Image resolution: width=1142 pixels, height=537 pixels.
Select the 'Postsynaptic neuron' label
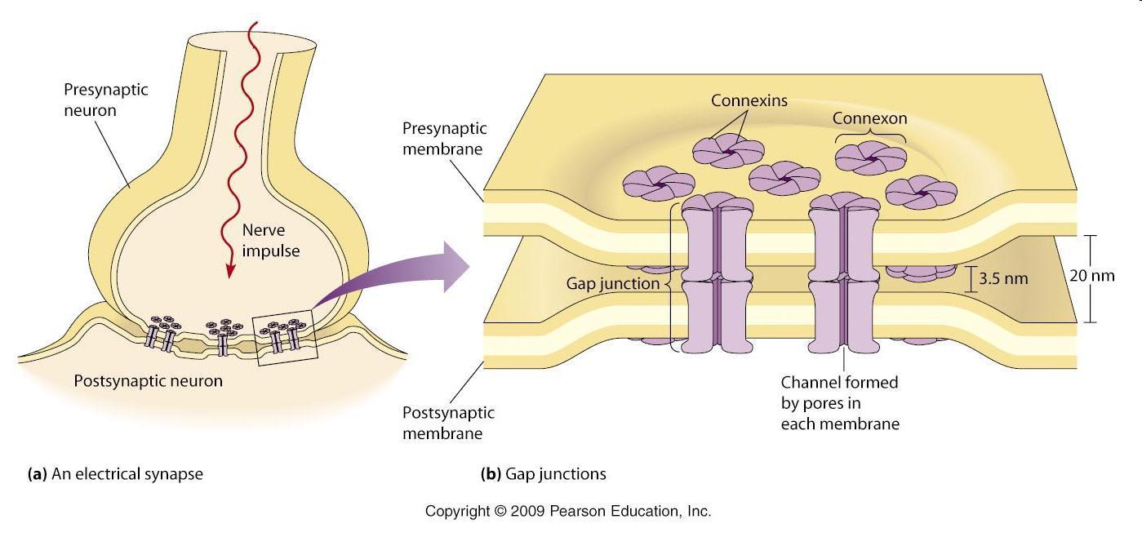[148, 380]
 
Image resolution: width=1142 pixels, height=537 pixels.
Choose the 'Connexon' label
[869, 118]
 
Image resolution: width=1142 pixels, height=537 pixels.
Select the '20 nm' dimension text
[1091, 276]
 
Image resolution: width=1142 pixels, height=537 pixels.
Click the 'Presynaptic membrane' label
[444, 139]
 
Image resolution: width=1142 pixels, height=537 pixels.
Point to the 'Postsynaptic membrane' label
[448, 423]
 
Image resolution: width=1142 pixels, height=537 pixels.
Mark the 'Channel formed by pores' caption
[840, 402]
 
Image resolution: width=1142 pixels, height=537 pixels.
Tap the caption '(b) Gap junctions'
[544, 473]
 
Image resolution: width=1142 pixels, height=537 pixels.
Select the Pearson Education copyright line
[568, 512]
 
